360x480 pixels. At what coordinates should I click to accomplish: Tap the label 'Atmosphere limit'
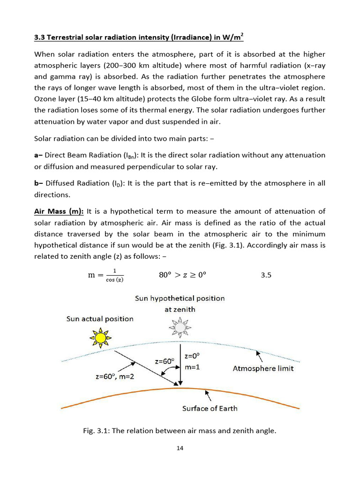point(263,368)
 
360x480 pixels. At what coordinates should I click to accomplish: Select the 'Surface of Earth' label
point(210,408)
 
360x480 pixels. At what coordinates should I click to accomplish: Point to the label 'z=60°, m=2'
point(112,376)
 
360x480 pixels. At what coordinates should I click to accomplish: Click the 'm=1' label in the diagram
point(192,367)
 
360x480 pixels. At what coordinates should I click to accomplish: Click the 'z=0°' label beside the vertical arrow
point(193,356)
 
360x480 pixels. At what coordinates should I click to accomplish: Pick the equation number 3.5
point(266,275)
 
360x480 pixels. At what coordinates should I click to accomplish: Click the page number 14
point(180,448)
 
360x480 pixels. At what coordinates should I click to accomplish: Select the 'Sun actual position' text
point(100,319)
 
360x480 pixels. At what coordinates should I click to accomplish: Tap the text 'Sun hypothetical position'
point(180,298)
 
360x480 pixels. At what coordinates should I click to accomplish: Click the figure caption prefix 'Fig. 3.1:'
point(97,431)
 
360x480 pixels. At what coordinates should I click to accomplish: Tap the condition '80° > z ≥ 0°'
point(182,275)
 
